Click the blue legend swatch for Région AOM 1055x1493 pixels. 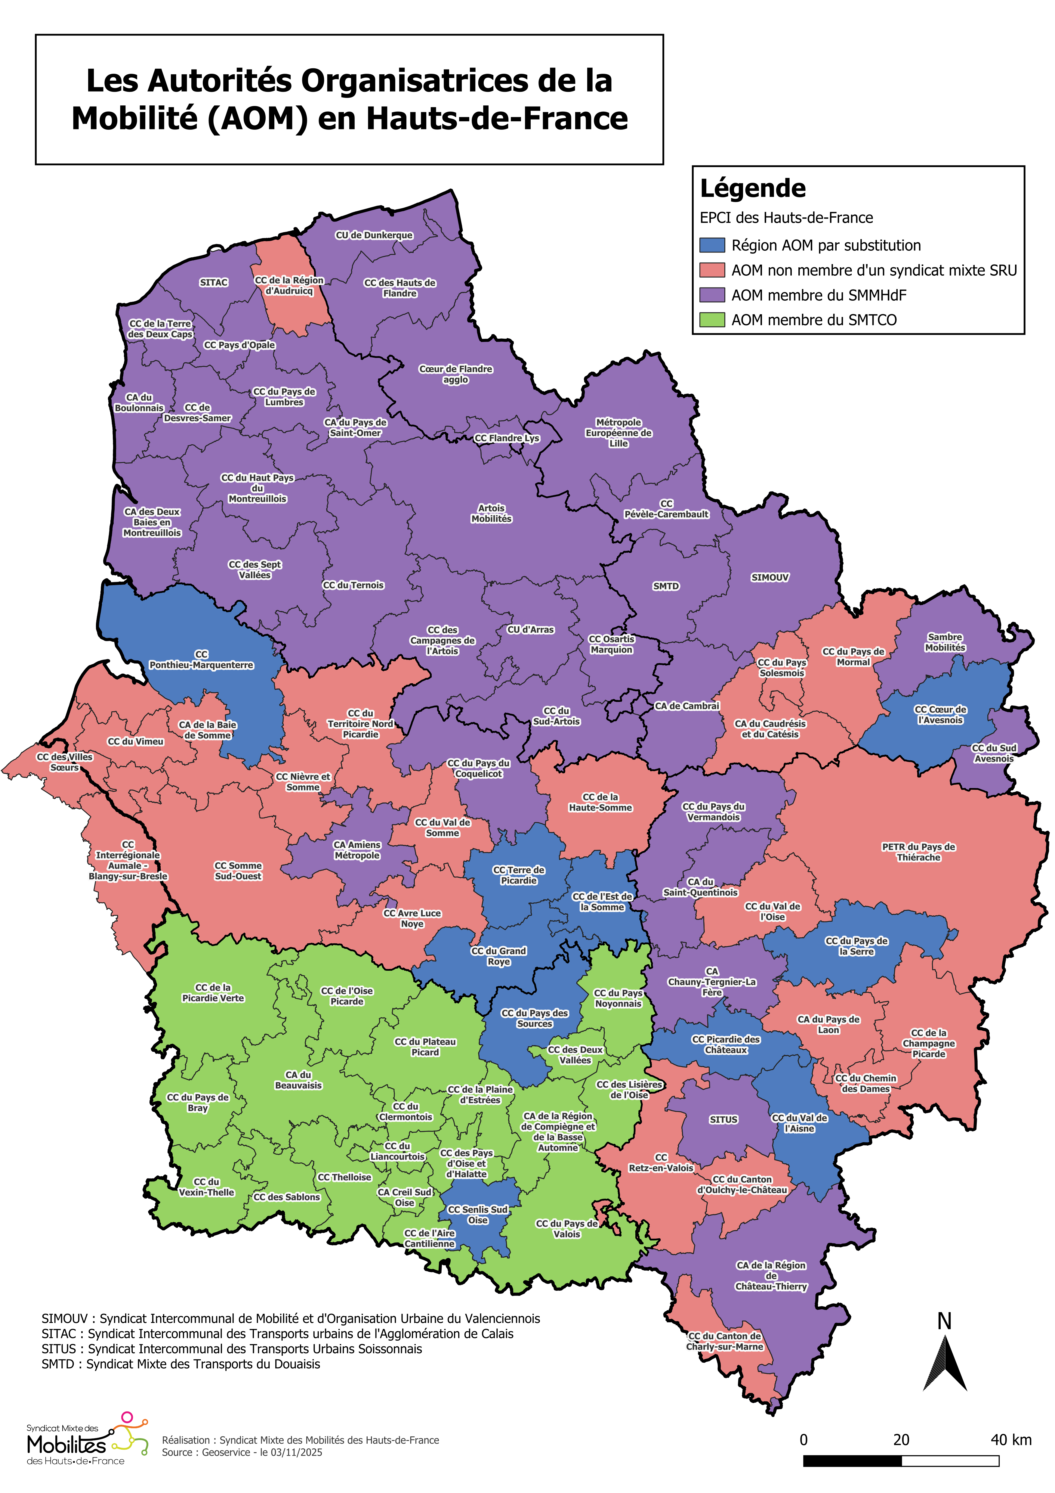[712, 245]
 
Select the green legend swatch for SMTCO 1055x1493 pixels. [712, 320]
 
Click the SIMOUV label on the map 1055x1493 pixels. [770, 577]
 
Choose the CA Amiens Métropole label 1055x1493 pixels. [357, 850]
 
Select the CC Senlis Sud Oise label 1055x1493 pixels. [478, 1215]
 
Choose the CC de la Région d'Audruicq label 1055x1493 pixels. [289, 285]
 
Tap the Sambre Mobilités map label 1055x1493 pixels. [945, 642]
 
